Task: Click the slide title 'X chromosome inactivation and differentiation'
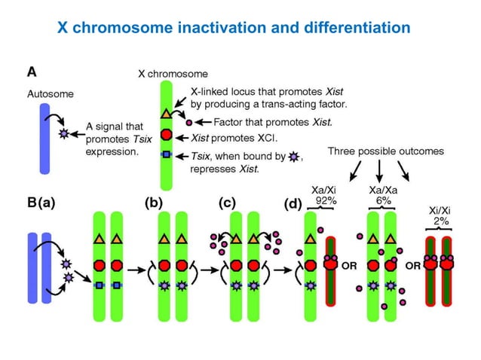[234, 29]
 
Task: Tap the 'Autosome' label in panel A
[50, 94]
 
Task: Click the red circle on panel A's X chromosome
[167, 136]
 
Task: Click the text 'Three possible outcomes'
[386, 151]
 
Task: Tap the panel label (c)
[227, 203]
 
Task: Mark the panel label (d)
[293, 203]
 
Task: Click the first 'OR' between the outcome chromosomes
[351, 266]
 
